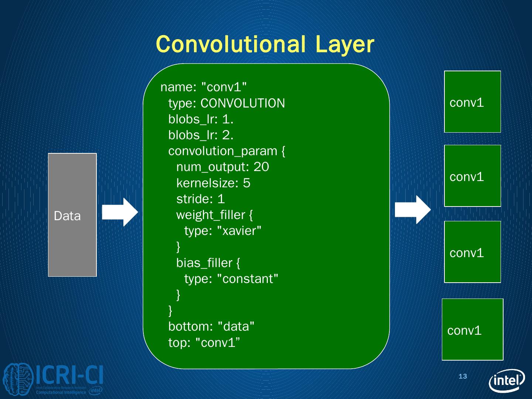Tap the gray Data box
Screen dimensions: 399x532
[72, 215]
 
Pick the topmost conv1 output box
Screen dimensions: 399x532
[472, 102]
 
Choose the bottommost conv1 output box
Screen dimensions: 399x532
[472, 330]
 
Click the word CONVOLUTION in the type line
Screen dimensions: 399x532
[243, 103]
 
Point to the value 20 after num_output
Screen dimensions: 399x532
[261, 167]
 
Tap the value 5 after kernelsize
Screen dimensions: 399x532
[246, 183]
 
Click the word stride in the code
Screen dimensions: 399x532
[193, 199]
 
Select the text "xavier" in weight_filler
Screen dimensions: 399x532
[239, 231]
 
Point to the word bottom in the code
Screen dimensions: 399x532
[189, 327]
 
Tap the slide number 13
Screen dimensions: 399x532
[463, 376]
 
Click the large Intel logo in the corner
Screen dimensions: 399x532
[507, 380]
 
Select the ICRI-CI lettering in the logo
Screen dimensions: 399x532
[69, 375]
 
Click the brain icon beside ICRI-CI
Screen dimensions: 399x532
[18, 379]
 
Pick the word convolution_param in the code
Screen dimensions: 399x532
[222, 151]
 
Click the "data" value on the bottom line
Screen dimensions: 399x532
[236, 327]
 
